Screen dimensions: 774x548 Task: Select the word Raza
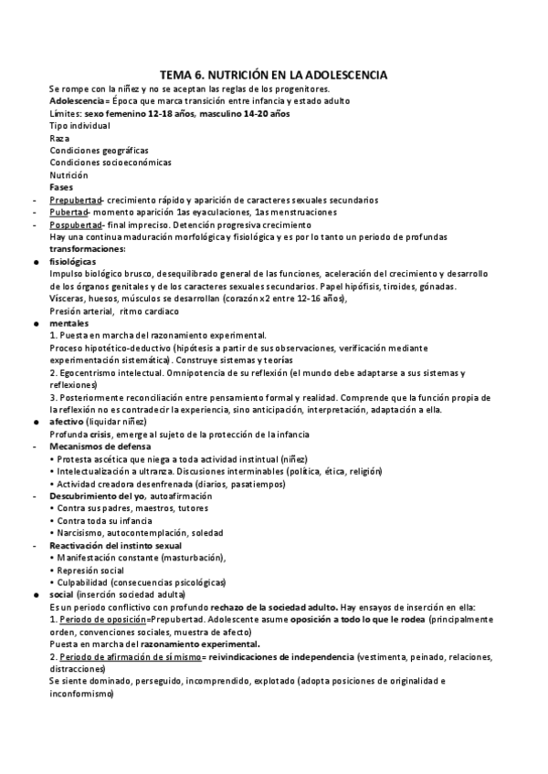point(59,138)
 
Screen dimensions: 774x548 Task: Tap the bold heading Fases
point(61,187)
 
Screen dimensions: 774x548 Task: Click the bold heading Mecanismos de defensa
point(97,446)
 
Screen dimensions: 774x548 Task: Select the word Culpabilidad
point(83,581)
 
